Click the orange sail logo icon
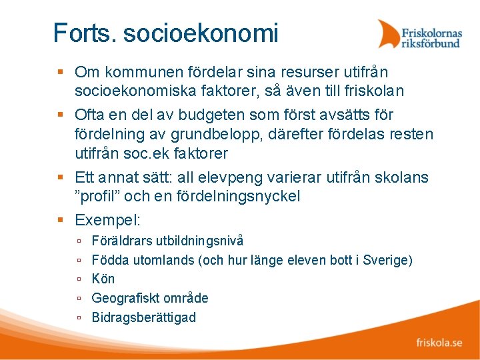pyautogui.click(x=388, y=34)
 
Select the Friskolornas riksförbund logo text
pyautogui.click(x=431, y=37)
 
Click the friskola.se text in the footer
pyautogui.click(x=439, y=343)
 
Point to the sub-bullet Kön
pyautogui.click(x=103, y=279)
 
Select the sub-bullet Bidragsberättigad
pyautogui.click(x=143, y=317)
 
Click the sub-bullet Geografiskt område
pyautogui.click(x=149, y=298)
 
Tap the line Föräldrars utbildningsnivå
pyautogui.click(x=167, y=240)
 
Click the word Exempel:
pyautogui.click(x=107, y=220)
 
